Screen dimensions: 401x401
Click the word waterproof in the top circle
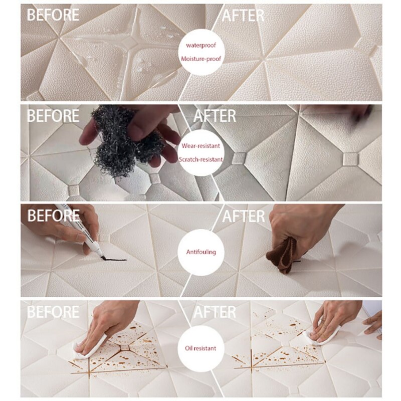point(201,46)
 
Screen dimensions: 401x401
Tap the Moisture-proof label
point(201,59)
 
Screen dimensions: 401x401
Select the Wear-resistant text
point(201,146)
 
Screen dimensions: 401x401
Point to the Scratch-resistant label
point(201,159)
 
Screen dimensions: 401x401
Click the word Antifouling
point(201,252)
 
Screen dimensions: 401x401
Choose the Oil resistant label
point(201,348)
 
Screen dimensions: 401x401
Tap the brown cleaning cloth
point(283,256)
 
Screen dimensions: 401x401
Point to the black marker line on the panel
point(114,259)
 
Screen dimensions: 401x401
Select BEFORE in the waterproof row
point(53,15)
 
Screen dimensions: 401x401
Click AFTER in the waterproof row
point(243,16)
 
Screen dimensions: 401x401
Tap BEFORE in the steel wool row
point(53,116)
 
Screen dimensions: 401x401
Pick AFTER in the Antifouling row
point(244,217)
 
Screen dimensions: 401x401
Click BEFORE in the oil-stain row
point(53,312)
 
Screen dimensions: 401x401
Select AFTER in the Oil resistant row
point(215,312)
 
